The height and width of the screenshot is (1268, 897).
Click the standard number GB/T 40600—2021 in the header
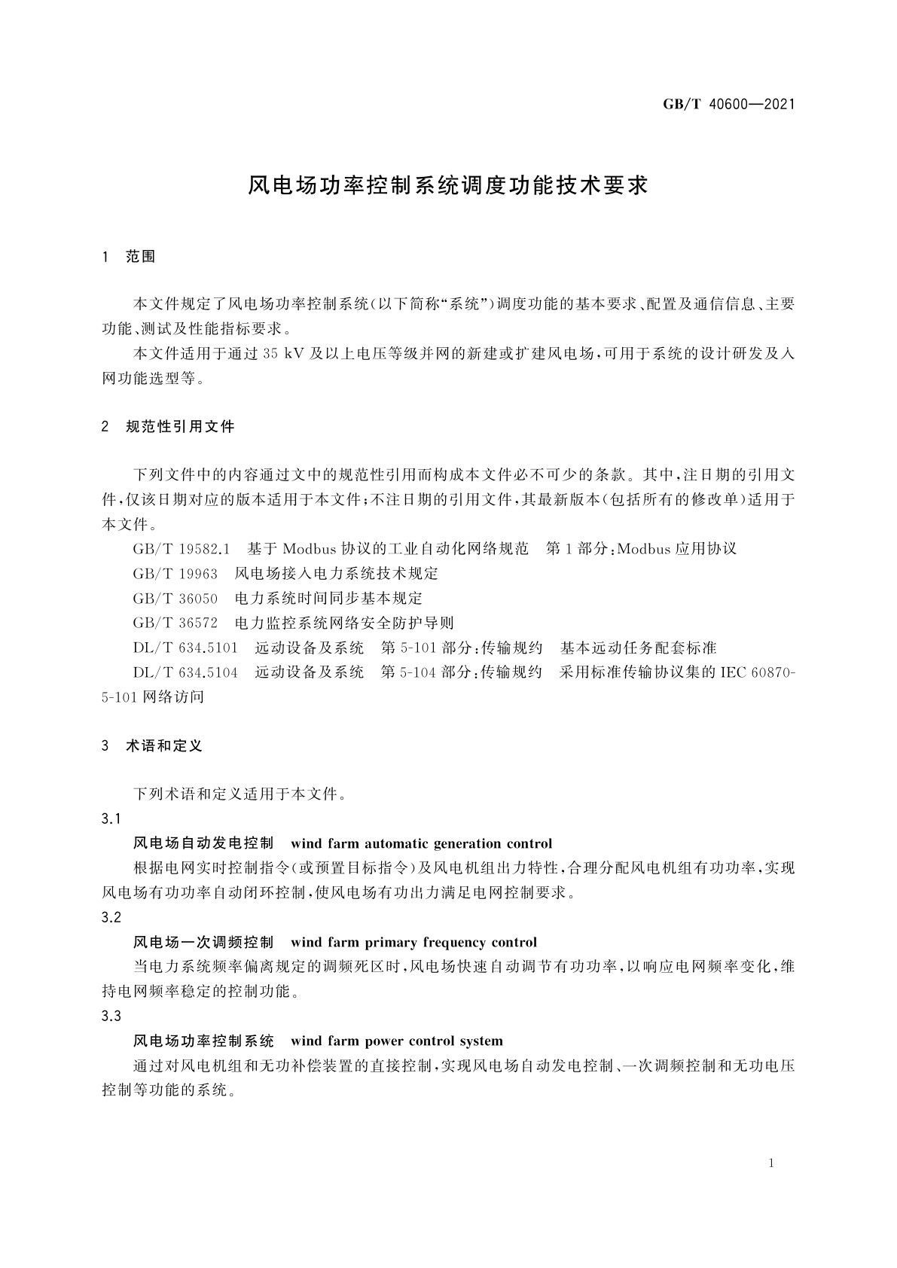[728, 104]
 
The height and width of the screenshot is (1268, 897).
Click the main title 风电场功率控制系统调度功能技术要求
[448, 186]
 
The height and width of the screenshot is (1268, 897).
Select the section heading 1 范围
[129, 257]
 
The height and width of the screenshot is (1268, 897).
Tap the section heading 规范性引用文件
[180, 427]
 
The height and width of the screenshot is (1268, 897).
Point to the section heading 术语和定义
[164, 746]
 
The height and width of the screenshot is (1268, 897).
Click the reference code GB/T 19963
[175, 573]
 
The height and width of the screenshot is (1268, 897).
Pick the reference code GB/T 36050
[175, 598]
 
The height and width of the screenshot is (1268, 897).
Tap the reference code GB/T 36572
[175, 623]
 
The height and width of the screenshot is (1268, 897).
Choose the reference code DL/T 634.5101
[185, 648]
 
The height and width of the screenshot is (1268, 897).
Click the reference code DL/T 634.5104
[185, 672]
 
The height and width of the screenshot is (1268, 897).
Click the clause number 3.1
[111, 818]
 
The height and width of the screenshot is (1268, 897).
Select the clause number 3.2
[111, 917]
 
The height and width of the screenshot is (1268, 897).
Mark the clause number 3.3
[111, 1016]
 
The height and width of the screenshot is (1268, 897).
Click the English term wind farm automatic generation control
[421, 843]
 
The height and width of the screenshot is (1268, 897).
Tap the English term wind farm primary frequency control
[413, 942]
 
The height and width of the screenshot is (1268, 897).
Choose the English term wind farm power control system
[396, 1041]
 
